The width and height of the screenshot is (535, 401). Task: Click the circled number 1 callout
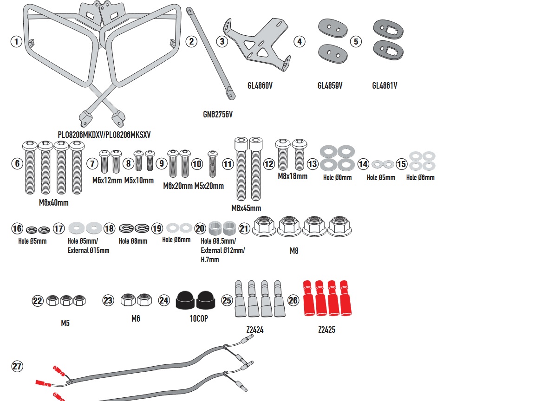17,41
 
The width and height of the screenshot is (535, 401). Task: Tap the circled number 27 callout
17,367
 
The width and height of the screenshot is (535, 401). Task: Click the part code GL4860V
260,85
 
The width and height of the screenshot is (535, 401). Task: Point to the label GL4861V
385,85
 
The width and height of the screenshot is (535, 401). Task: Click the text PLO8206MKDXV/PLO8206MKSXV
104,135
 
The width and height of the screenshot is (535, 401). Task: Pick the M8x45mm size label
246,208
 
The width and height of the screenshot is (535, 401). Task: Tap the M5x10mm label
139,180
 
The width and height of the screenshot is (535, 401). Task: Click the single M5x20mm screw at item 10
213,163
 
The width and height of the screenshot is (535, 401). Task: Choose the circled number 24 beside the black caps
164,301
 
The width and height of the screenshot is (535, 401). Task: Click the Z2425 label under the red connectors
326,330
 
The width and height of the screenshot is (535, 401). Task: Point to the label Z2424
255,330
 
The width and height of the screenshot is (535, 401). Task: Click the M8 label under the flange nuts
294,251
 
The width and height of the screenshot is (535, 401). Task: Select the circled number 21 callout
244,228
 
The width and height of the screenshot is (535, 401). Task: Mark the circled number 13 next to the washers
313,164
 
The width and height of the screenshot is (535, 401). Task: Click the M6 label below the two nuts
136,319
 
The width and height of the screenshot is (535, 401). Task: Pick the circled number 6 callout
17,163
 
